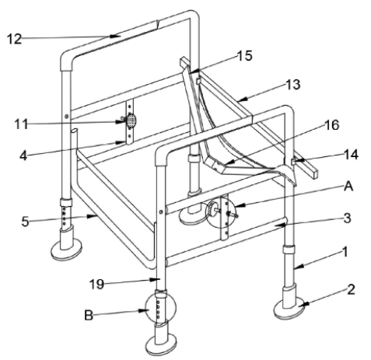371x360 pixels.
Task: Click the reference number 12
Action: point(14,39)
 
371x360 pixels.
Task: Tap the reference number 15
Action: point(244,55)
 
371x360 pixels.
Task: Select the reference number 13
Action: point(292,85)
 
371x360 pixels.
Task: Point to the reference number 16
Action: point(331,125)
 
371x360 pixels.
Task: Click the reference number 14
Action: point(351,155)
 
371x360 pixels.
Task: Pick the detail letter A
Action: point(348,187)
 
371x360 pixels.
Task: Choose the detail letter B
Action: point(89,316)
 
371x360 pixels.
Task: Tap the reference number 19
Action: point(96,285)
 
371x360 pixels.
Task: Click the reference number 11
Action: point(21,124)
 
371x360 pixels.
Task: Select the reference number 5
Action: point(25,222)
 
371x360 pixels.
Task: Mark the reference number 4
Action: point(23,156)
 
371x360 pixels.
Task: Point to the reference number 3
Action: point(347,218)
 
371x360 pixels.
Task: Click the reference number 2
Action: point(351,289)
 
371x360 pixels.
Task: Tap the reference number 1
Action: point(345,252)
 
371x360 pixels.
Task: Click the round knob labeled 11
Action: point(131,121)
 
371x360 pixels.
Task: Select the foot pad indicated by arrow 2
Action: point(291,309)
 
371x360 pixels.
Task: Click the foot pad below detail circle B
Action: point(161,344)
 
